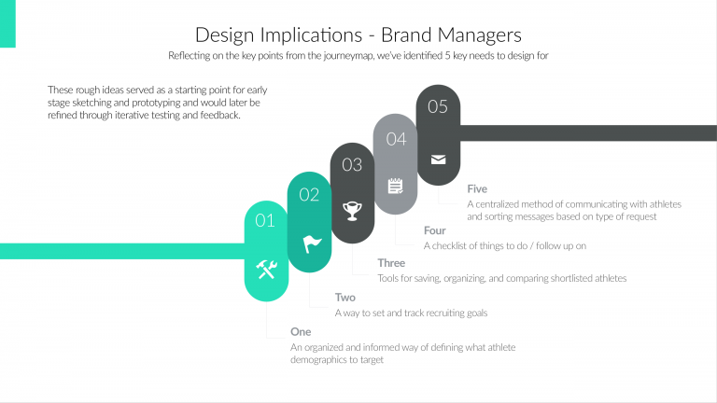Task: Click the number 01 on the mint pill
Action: click(x=265, y=221)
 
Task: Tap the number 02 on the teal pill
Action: click(x=309, y=195)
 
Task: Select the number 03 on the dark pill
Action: click(x=352, y=165)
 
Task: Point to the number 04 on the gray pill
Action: click(x=396, y=138)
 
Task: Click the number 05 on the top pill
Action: click(x=438, y=106)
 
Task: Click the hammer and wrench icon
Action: click(x=266, y=270)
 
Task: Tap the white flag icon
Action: click(x=310, y=243)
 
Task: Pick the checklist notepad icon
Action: click(x=396, y=186)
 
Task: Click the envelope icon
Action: click(x=438, y=159)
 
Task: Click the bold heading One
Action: click(x=301, y=332)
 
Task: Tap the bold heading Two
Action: click(x=344, y=298)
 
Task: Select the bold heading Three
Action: click(x=391, y=263)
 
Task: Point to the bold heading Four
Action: click(x=434, y=230)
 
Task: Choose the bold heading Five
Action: click(x=477, y=189)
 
